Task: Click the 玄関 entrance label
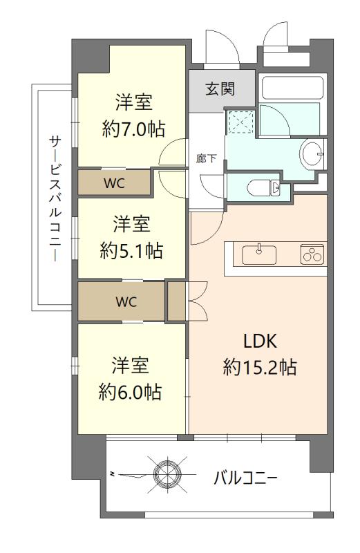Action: click(220, 89)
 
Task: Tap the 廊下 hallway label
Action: click(207, 158)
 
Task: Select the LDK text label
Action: click(260, 341)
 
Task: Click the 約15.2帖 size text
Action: click(260, 367)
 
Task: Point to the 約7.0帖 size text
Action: click(133, 129)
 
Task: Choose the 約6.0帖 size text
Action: click(131, 391)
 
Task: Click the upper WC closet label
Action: click(114, 183)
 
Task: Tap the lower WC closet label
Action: click(126, 301)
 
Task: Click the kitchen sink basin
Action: click(259, 254)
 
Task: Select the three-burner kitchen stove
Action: click(312, 254)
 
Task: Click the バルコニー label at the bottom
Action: click(245, 478)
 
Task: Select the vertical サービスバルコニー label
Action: click(55, 198)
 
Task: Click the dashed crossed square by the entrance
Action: click(240, 122)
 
